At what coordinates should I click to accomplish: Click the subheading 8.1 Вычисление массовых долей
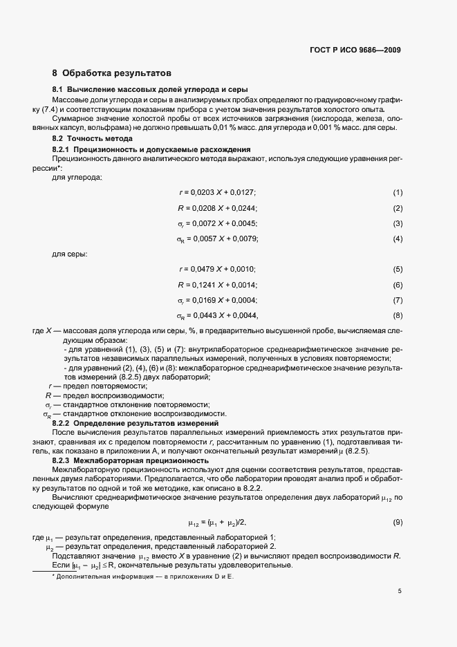coord(150,91)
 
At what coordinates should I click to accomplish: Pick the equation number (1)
coord(398,191)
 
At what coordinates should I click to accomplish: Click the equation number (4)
coord(398,238)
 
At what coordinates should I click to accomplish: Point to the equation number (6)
coord(398,285)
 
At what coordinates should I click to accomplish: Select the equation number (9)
coord(398,522)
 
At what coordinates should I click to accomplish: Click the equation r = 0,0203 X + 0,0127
coord(217,191)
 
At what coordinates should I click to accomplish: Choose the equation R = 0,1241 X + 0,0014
coord(217,285)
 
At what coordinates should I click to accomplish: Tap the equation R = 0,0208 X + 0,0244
coord(217,207)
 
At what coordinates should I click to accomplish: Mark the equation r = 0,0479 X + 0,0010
coord(217,269)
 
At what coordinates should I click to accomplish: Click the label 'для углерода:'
coord(77,178)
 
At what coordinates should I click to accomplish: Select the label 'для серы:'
coord(70,254)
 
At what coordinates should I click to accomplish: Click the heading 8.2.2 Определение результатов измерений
coord(136,422)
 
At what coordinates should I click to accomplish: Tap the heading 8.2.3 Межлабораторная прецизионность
coord(130,460)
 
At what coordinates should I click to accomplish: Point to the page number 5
coord(400,591)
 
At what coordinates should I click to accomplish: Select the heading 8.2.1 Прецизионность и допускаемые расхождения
coord(151,149)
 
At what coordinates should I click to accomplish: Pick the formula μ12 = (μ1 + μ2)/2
coord(217,523)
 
